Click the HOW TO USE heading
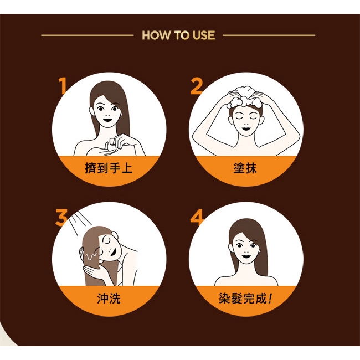[x=178, y=35]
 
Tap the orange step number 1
[x=63, y=86]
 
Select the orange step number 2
[x=196, y=86]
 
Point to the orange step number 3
[x=61, y=217]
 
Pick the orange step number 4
[x=197, y=217]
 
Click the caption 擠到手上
[x=109, y=168]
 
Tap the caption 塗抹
[x=245, y=168]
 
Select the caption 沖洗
[x=109, y=298]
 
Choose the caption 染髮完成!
[x=245, y=298]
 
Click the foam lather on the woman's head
[x=245, y=97]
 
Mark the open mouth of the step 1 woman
[x=107, y=120]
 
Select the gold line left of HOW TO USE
[x=88, y=35]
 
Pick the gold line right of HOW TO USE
[x=269, y=35]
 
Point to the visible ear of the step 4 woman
[x=230, y=248]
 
